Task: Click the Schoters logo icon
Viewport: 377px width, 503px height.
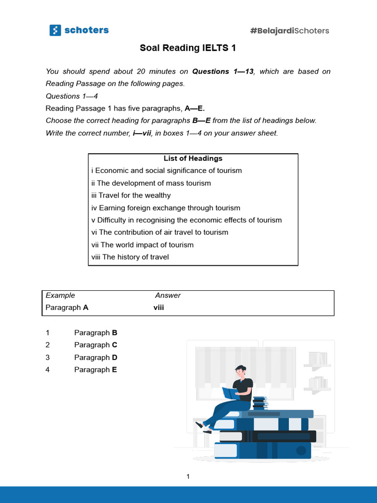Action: pyautogui.click(x=55, y=30)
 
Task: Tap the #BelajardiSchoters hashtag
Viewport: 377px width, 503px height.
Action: pyautogui.click(x=290, y=31)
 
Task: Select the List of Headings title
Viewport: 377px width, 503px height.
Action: pyautogui.click(x=193, y=159)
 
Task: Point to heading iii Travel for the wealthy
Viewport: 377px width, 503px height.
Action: pyautogui.click(x=131, y=196)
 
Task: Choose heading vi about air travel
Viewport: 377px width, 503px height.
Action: pyautogui.click(x=160, y=232)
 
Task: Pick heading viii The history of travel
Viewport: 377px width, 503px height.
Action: pyautogui.click(x=130, y=257)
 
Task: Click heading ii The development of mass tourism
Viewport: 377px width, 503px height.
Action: pyautogui.click(x=151, y=183)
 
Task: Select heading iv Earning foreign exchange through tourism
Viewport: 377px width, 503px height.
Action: pyautogui.click(x=166, y=208)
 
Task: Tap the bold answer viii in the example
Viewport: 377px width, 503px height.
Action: pyautogui.click(x=159, y=308)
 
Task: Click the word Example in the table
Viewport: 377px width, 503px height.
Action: pyautogui.click(x=60, y=296)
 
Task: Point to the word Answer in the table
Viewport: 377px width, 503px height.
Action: pyautogui.click(x=168, y=296)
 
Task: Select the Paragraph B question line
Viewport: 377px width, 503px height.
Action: pyautogui.click(x=96, y=333)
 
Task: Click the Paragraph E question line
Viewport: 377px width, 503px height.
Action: pyautogui.click(x=96, y=370)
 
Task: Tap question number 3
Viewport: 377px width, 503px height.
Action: pyautogui.click(x=48, y=358)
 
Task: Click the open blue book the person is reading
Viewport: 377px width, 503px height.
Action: pyautogui.click(x=230, y=393)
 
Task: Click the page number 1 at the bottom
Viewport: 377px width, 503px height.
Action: pyautogui.click(x=188, y=476)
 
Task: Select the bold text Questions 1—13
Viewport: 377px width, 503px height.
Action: pyautogui.click(x=223, y=72)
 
